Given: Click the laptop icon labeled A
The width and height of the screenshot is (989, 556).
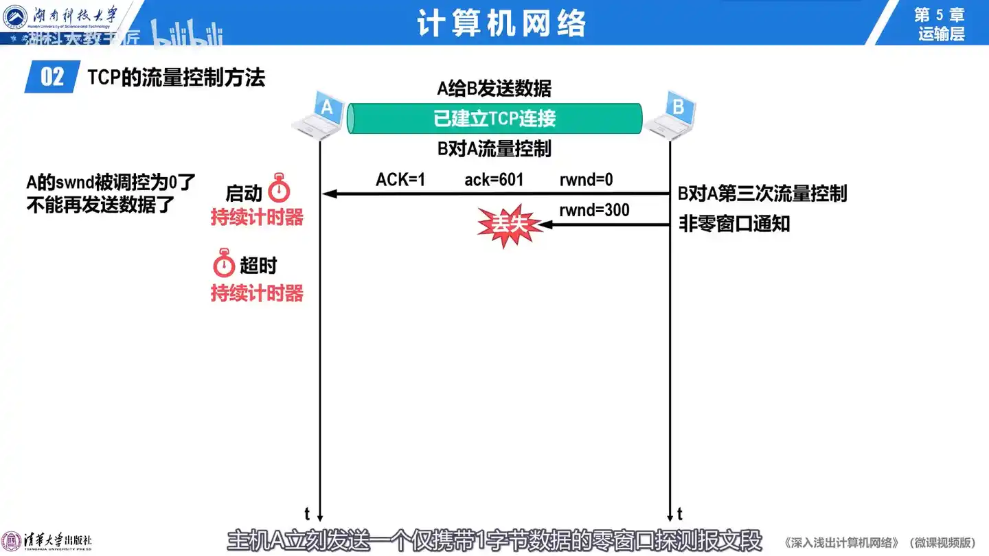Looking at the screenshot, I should click(x=319, y=113).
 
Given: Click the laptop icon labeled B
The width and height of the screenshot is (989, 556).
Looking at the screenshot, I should click(x=671, y=113).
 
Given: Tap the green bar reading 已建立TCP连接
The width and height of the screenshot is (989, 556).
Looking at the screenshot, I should click(x=494, y=119).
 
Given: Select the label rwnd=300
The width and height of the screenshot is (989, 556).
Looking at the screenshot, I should click(x=594, y=210).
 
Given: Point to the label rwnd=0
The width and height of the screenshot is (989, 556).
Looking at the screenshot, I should click(x=586, y=180).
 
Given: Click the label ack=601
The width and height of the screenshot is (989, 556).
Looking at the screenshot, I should click(x=494, y=180).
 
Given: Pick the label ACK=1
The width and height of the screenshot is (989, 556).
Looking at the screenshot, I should click(x=400, y=180).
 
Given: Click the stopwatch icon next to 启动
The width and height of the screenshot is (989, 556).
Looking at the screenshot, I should click(x=279, y=188).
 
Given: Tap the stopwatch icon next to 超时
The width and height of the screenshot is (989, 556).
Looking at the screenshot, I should click(x=224, y=264).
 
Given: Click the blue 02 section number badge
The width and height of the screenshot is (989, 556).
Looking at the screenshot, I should click(x=52, y=78).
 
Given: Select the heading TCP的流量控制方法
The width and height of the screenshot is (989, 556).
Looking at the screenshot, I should click(x=176, y=78).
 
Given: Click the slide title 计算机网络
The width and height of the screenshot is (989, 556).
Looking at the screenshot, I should click(x=501, y=24).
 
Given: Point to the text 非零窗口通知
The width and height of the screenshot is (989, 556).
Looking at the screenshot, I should click(x=734, y=224).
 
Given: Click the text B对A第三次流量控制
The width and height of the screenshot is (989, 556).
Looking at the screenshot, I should click(x=762, y=194).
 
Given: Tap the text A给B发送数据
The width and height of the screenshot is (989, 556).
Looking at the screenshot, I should click(x=494, y=89).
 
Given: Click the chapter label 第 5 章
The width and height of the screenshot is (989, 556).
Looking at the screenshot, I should click(x=940, y=14).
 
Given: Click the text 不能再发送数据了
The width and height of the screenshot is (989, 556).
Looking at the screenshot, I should click(x=101, y=205).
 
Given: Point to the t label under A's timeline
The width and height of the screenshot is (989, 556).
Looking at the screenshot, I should click(x=307, y=513).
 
